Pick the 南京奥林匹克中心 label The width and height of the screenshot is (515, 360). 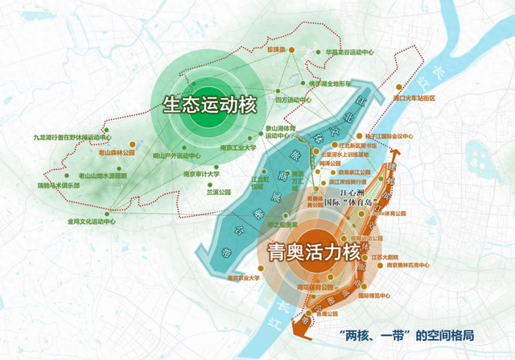click(x=410, y=265)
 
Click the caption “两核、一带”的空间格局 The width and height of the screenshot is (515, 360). click(x=406, y=333)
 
